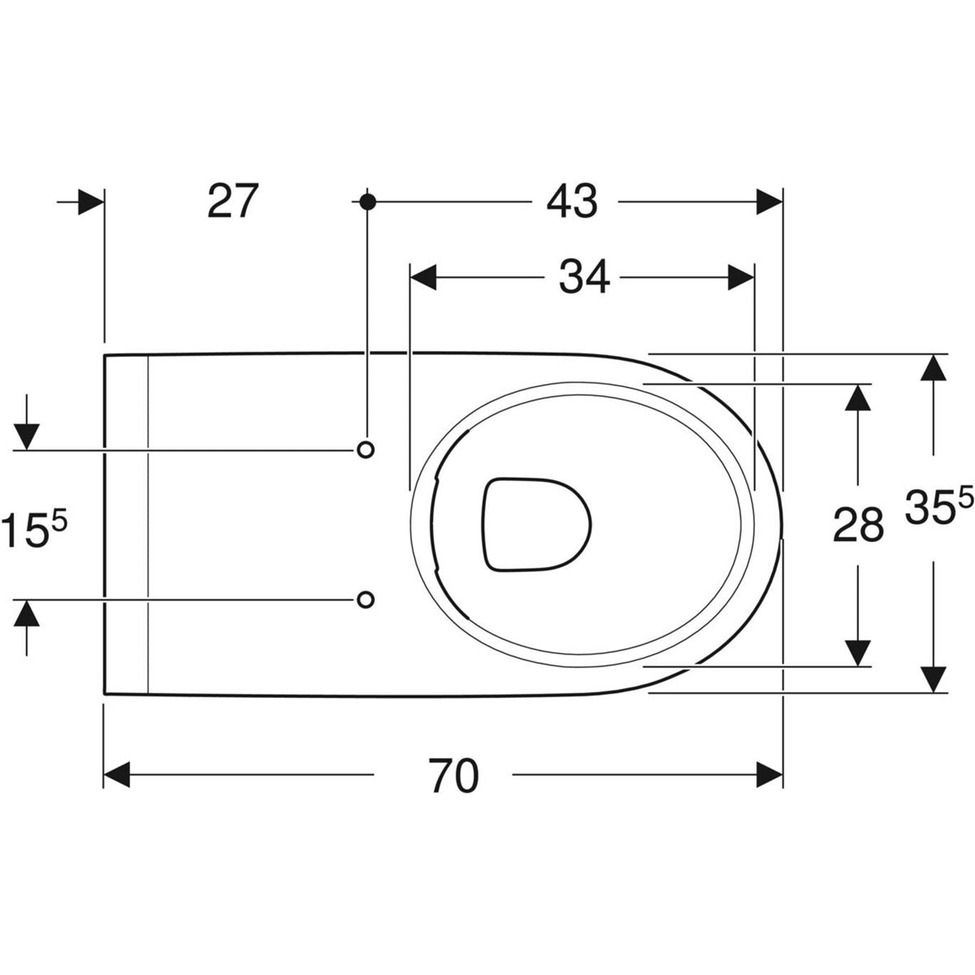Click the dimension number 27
tap(233, 201)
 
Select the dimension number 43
tap(571, 201)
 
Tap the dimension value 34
tap(584, 277)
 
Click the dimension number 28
tap(858, 526)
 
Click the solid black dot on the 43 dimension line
tap(368, 202)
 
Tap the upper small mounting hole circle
tap(365, 449)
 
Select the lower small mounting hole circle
tap(365, 599)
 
